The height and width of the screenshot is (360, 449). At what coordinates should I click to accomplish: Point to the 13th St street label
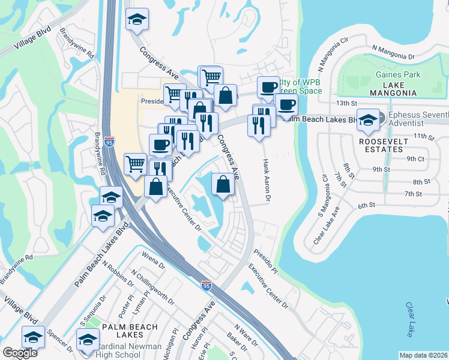click(347, 103)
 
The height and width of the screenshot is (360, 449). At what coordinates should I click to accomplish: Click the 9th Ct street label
click(415, 159)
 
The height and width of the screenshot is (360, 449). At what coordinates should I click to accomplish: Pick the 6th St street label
click(367, 205)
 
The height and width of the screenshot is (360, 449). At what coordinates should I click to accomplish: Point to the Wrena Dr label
click(154, 262)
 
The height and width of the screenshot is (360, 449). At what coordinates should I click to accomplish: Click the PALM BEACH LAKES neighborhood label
click(130, 332)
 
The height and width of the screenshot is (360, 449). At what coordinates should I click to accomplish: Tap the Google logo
click(20, 353)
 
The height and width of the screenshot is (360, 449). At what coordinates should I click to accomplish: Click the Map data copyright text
click(424, 355)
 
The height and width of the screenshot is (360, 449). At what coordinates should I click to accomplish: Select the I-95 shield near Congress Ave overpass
click(206, 286)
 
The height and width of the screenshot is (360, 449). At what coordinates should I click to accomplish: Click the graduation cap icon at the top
click(137, 19)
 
